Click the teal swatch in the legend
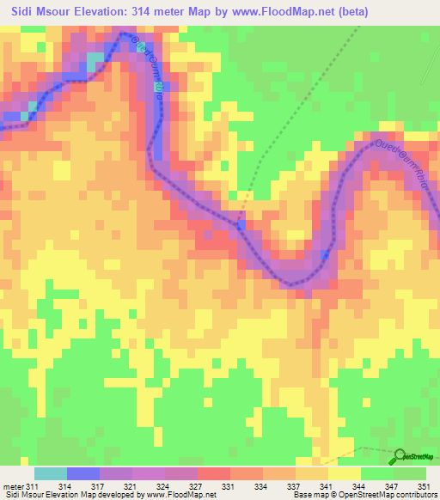click(x=50, y=473)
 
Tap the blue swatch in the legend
click(x=82, y=473)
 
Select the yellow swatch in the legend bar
click(x=344, y=473)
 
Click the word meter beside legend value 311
click(x=13, y=486)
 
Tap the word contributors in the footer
click(x=414, y=495)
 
